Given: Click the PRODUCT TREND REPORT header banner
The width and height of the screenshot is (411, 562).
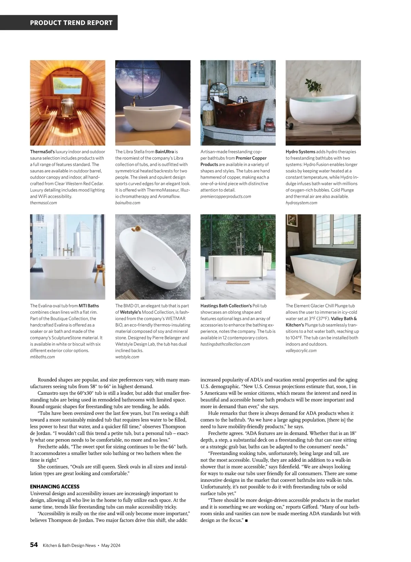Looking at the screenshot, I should click(x=71, y=23).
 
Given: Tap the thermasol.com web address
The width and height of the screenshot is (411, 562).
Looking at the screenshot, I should click(x=43, y=203).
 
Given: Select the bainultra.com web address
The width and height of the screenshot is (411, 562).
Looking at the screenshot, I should click(x=128, y=203).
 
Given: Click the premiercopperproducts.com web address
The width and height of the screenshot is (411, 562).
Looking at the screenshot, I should click(x=226, y=196).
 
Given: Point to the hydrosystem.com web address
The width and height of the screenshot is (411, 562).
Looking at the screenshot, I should click(x=301, y=203).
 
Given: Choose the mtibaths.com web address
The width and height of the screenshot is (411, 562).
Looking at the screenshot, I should click(x=42, y=357).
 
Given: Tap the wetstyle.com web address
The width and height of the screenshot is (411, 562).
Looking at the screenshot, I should click(x=127, y=357).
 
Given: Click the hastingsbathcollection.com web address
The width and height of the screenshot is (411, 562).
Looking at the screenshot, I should click(x=225, y=344).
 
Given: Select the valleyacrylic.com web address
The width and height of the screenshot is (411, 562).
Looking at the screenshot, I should click(x=301, y=350).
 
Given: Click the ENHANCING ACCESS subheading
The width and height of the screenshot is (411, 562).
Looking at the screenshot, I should click(x=55, y=487).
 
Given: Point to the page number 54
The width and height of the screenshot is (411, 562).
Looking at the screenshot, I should click(x=34, y=545).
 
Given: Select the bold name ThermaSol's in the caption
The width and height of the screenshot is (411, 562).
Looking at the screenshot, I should click(x=42, y=152).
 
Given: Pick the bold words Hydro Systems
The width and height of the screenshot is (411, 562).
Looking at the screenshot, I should click(x=300, y=152).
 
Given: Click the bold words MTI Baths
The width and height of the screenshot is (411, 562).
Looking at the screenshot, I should click(x=89, y=306).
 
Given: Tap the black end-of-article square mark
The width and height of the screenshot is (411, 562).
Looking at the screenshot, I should click(x=247, y=521).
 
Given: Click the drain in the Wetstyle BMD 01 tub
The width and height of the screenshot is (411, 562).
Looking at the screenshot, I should click(x=154, y=268).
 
